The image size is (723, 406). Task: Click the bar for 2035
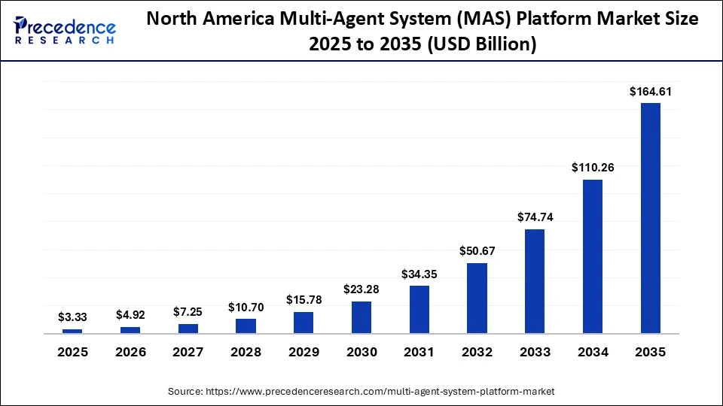pyautogui.click(x=650, y=218)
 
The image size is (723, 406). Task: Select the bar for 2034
pyautogui.click(x=593, y=256)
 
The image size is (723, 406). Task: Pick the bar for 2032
pyautogui.click(x=477, y=298)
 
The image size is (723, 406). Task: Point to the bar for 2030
pyautogui.click(x=361, y=317)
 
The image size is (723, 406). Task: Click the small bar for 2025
pyautogui.click(x=72, y=331)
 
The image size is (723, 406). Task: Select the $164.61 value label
pyautogui.click(x=650, y=92)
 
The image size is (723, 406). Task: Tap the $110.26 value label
pyautogui.click(x=593, y=168)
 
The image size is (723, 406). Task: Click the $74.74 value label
pyautogui.click(x=535, y=217)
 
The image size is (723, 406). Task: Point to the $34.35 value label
pyautogui.click(x=419, y=274)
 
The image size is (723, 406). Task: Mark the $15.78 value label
pyautogui.click(x=304, y=300)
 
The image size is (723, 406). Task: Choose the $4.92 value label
pyautogui.click(x=130, y=315)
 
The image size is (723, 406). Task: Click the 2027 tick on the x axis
pyautogui.click(x=188, y=352)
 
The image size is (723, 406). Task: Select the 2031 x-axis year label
pyautogui.click(x=419, y=352)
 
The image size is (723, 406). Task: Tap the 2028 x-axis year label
pyautogui.click(x=246, y=352)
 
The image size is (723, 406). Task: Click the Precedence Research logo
pyautogui.click(x=64, y=30)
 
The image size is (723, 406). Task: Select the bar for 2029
pyautogui.click(x=304, y=323)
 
